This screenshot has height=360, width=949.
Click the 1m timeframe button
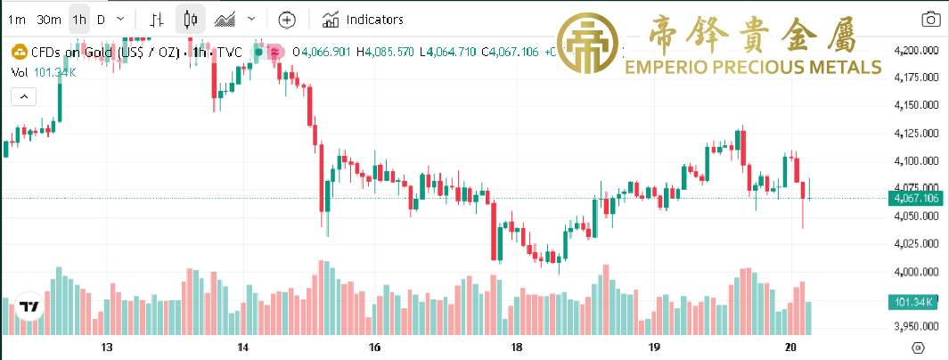tap(17, 19)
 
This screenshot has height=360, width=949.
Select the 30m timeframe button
tap(50, 19)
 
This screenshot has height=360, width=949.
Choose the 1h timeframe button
tap(79, 19)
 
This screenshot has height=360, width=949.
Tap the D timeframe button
tap(101, 19)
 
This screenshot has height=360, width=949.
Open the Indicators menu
tap(363, 19)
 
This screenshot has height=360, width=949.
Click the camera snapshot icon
tap(930, 19)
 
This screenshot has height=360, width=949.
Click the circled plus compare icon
tap(286, 19)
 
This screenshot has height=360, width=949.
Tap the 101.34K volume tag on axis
tap(915, 303)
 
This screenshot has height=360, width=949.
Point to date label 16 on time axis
tap(374, 347)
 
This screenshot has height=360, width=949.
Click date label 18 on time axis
tap(515, 347)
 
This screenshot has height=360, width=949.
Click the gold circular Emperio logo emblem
tap(587, 44)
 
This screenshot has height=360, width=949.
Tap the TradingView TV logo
tap(29, 307)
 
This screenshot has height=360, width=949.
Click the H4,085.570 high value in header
tap(385, 53)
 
